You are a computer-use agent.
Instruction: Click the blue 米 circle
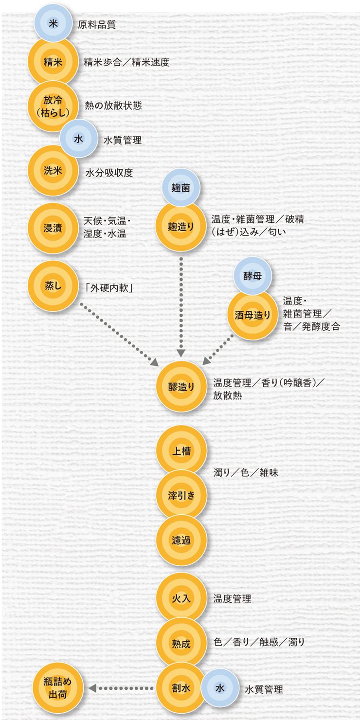coord(53,23)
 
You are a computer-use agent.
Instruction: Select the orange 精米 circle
coord(53,62)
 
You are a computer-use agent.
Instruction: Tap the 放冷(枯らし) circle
coord(53,106)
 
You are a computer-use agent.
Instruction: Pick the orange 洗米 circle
coord(53,170)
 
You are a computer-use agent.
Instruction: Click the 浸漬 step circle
coord(53,228)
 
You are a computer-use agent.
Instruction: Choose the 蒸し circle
coord(53,286)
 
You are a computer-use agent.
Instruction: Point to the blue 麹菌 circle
coord(181,188)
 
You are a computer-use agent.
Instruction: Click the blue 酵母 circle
coord(252,276)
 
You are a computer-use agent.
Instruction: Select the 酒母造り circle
coord(252,315)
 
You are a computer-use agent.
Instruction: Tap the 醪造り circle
coord(181,386)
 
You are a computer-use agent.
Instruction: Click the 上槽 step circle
coord(181,450)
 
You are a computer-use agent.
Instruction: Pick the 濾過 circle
coord(181,540)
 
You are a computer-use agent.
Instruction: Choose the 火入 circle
coord(181,598)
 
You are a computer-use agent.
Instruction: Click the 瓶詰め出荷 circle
coord(58,688)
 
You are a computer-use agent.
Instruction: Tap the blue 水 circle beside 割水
coord(220,688)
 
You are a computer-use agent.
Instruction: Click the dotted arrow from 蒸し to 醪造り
coord(119,334)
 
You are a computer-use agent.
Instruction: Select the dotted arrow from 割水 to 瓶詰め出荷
coord(121,688)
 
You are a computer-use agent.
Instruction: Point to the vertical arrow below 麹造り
coord(181,307)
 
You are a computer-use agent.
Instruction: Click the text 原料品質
coord(97,25)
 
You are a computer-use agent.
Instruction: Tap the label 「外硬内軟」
coord(109,288)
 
